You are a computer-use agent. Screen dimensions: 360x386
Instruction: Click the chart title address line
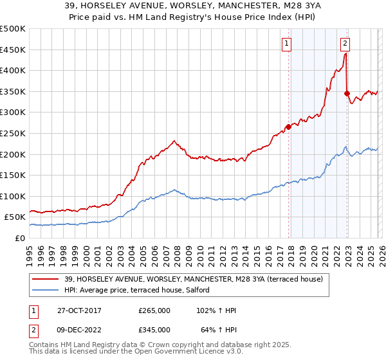(x=193, y=6)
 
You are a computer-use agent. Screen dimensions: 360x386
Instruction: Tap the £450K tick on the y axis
(x=13, y=50)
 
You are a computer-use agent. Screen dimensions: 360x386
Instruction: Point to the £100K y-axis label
(x=13, y=196)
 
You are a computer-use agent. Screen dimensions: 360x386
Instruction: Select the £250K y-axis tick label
(x=13, y=133)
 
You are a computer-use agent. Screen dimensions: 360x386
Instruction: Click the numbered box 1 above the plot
(x=286, y=44)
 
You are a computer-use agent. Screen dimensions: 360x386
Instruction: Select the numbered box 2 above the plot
(x=345, y=44)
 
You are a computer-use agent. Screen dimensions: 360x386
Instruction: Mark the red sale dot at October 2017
(x=288, y=127)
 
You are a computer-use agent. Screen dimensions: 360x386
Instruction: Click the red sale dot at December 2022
(x=347, y=93)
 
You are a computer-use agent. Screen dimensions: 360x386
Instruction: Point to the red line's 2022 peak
(x=345, y=54)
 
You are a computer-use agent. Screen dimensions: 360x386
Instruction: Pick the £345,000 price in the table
(x=154, y=329)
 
